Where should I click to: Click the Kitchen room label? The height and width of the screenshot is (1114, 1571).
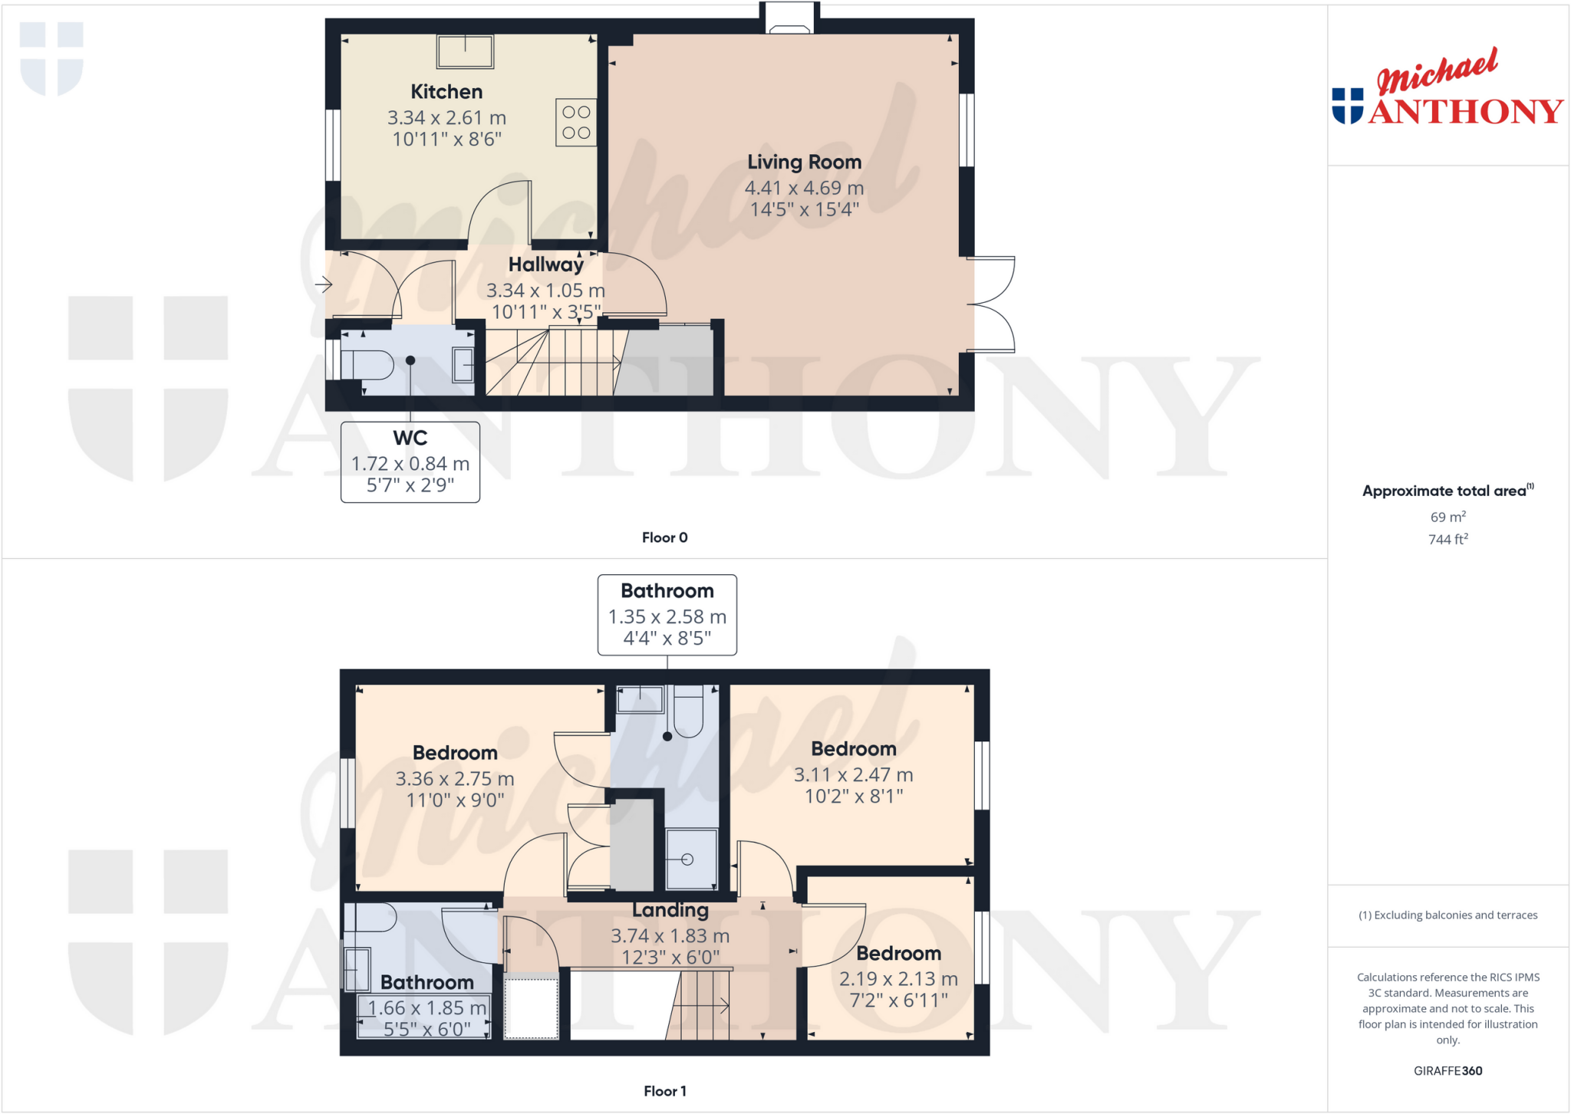[446, 92]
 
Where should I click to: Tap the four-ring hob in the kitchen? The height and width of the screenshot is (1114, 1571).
[576, 123]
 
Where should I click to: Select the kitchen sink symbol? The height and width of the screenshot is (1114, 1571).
[465, 51]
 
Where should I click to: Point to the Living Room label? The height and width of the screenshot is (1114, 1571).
[804, 163]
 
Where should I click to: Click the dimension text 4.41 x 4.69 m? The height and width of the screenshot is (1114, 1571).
[804, 188]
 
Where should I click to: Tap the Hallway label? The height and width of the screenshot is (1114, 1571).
[545, 265]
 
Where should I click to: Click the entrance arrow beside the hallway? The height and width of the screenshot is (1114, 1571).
[323, 285]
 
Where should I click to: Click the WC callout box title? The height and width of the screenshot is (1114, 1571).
[410, 438]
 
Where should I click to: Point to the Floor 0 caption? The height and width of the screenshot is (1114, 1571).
[664, 537]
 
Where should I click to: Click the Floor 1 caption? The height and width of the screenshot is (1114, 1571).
[664, 1091]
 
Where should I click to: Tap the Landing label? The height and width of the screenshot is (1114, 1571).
[670, 910]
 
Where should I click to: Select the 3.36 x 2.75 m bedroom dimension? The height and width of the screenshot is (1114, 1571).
[454, 779]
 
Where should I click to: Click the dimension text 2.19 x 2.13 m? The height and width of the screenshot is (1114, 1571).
[898, 979]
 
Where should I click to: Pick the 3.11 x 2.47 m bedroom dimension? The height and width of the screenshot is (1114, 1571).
[853, 775]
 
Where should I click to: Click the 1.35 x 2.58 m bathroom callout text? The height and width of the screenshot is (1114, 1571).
[667, 617]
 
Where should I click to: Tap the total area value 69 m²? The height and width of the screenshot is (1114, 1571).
[1447, 518]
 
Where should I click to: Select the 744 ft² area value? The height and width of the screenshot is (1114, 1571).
[1447, 540]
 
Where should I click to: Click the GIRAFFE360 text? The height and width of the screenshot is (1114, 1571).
[1447, 1071]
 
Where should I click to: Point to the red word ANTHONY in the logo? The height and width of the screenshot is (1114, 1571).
[1465, 112]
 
